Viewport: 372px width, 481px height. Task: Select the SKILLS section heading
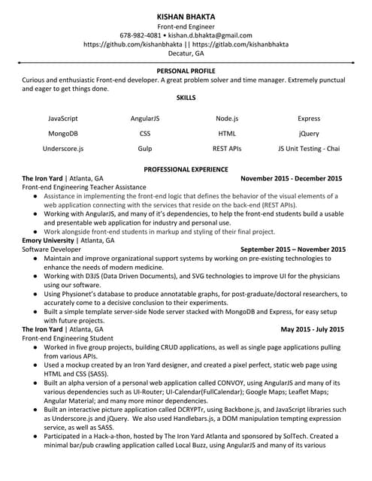[186, 98]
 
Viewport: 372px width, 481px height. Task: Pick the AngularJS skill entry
[144, 119]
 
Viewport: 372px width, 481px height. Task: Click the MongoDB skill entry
[62, 134]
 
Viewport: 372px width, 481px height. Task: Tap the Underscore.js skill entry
[63, 149]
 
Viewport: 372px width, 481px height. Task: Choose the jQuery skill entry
[309, 134]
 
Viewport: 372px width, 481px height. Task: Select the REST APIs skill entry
[226, 149]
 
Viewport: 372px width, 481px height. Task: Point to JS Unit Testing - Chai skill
[309, 149]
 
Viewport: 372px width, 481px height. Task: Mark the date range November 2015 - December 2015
[291, 179]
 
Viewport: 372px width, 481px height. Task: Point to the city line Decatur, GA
[186, 54]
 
